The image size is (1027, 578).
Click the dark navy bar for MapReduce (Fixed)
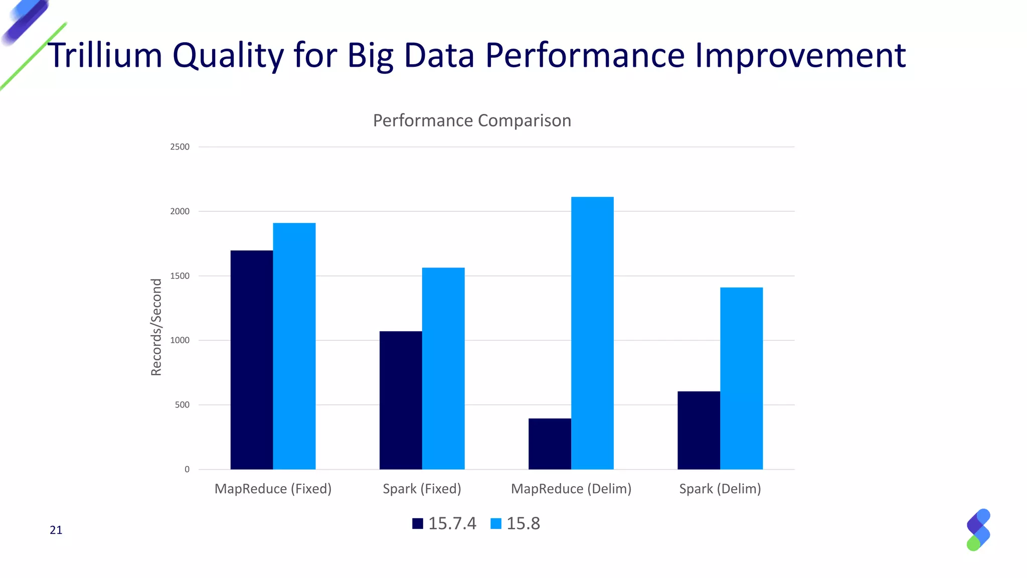pos(252,360)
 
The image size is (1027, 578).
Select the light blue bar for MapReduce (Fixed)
pos(294,346)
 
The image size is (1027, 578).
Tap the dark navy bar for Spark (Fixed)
pos(401,400)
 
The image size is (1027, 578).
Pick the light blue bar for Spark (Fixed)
pos(443,369)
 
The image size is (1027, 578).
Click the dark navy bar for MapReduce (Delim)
pos(550,444)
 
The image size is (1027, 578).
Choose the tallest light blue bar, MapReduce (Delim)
pos(592,333)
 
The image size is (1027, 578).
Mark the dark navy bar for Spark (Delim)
pos(699,430)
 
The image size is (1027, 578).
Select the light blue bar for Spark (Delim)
pos(741,378)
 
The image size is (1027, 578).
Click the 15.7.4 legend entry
pos(444,523)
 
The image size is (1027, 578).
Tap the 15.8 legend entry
pos(516,523)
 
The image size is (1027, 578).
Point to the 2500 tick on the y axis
pos(180,147)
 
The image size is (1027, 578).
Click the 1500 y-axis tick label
pos(180,276)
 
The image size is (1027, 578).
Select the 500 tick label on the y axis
pos(182,405)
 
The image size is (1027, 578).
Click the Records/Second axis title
pos(156,327)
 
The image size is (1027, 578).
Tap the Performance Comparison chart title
pos(472,120)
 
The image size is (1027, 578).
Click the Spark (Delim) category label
pos(720,489)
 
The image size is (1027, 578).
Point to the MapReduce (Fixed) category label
pos(273,489)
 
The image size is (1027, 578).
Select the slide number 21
pos(56,530)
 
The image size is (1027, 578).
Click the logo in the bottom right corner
pos(978,530)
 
